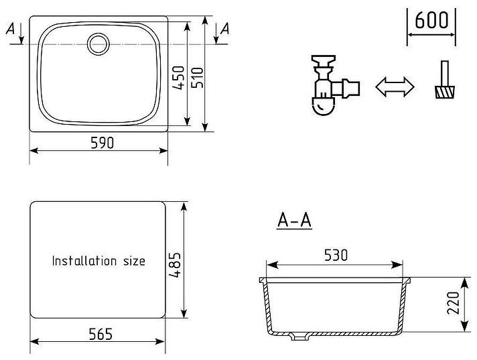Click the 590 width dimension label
pyautogui.click(x=103, y=143)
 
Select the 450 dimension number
pyautogui.click(x=179, y=78)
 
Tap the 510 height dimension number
pyautogui.click(x=197, y=78)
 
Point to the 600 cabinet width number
pyautogui.click(x=431, y=20)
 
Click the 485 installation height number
pyautogui.click(x=175, y=265)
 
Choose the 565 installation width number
pyautogui.click(x=100, y=334)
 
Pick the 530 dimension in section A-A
pyautogui.click(x=336, y=255)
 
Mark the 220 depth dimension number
pyautogui.click(x=453, y=303)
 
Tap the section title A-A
pyautogui.click(x=295, y=220)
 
